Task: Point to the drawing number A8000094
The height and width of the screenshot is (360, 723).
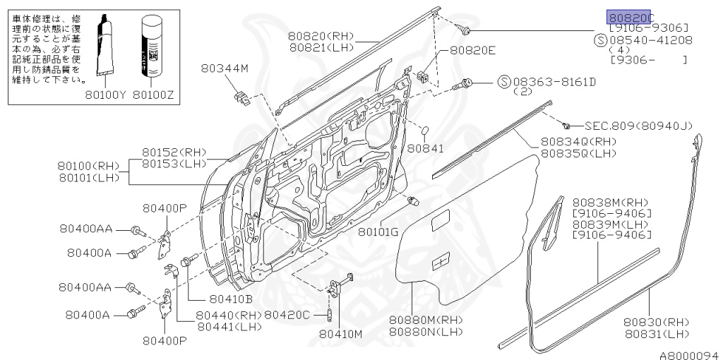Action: point(689,354)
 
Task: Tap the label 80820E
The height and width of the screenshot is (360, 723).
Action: point(473,51)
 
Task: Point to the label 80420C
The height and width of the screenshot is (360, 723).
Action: point(287,314)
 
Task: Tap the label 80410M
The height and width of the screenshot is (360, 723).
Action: point(340,332)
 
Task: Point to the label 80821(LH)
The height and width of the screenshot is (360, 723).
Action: point(322,47)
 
